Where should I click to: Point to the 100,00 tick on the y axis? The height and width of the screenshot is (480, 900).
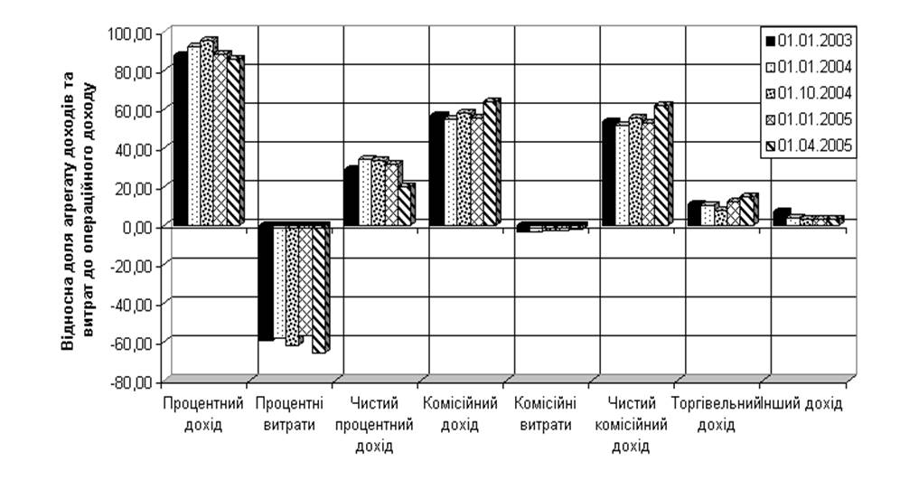pyautogui.click(x=134, y=33)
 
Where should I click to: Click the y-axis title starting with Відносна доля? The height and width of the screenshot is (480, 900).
pyautogui.click(x=78, y=208)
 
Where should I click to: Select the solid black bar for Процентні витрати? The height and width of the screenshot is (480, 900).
pyautogui.click(x=265, y=283)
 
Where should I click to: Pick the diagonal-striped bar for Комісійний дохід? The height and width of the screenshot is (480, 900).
pyautogui.click(x=491, y=163)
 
